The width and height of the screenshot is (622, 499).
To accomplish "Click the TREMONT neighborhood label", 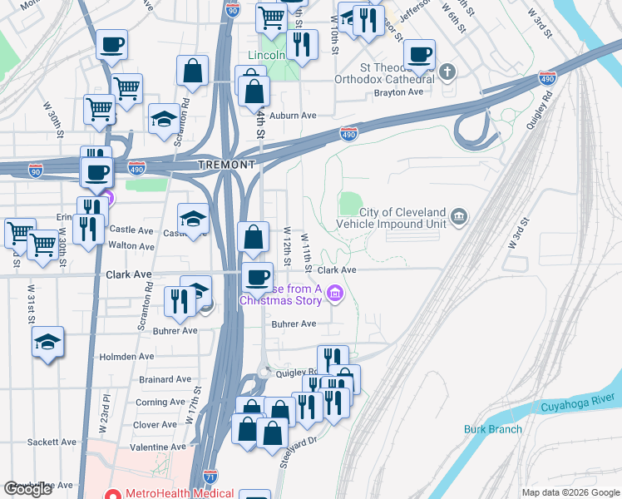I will click(226, 166).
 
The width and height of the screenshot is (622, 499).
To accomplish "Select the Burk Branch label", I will click(492, 429).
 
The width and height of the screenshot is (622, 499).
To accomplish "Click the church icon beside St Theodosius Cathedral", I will click(448, 72).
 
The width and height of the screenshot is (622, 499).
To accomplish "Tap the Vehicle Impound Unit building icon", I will click(458, 218).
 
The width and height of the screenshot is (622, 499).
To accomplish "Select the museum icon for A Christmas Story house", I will click(335, 293).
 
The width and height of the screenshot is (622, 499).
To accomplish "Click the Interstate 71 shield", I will click(210, 479).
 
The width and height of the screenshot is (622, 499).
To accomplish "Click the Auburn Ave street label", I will click(294, 116).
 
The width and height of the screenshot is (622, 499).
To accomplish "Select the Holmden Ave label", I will click(126, 356).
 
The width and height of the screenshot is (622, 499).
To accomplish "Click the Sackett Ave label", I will click(52, 442).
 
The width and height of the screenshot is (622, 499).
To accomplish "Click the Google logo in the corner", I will click(28, 490).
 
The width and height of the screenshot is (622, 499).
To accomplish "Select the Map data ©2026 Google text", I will click(570, 492).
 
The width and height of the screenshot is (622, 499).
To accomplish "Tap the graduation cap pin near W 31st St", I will click(48, 341).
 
